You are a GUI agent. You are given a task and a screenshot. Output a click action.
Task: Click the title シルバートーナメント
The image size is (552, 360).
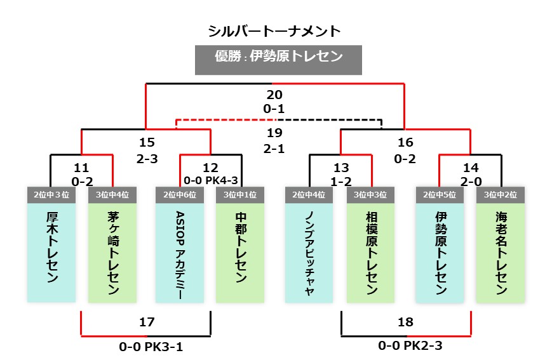pyautogui.click(x=274, y=31)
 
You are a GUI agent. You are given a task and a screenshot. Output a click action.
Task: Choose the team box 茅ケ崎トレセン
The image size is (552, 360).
pyautogui.click(x=113, y=251)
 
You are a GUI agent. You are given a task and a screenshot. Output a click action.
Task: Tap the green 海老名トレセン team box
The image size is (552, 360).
pyautogui.click(x=501, y=251)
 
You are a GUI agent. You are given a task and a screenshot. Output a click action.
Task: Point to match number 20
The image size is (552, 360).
pyautogui.click(x=274, y=95)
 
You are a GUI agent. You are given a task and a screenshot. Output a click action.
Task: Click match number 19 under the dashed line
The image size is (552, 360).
pyautogui.click(x=274, y=133)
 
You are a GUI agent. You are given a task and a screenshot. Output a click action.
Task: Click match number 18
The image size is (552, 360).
pyautogui.click(x=405, y=322)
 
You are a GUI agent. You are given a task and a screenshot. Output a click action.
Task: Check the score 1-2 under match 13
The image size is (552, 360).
pyautogui.click(x=340, y=180)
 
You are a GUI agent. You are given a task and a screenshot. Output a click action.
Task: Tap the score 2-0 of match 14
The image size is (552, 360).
pyautogui.click(x=470, y=180)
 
